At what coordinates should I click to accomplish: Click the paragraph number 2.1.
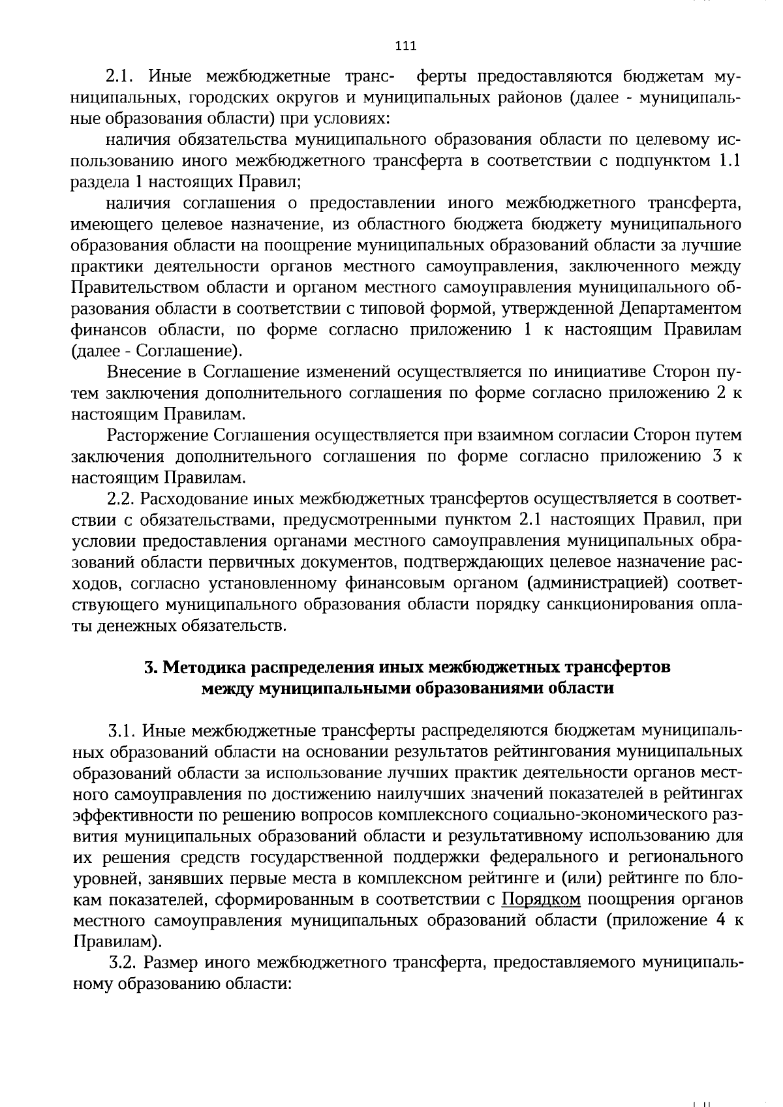(120, 77)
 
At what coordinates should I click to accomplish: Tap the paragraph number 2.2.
(120, 500)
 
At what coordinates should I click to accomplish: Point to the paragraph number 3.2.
(123, 962)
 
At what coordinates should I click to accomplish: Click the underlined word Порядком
(542, 900)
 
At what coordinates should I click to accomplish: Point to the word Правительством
(134, 287)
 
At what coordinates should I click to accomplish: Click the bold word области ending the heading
(581, 689)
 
